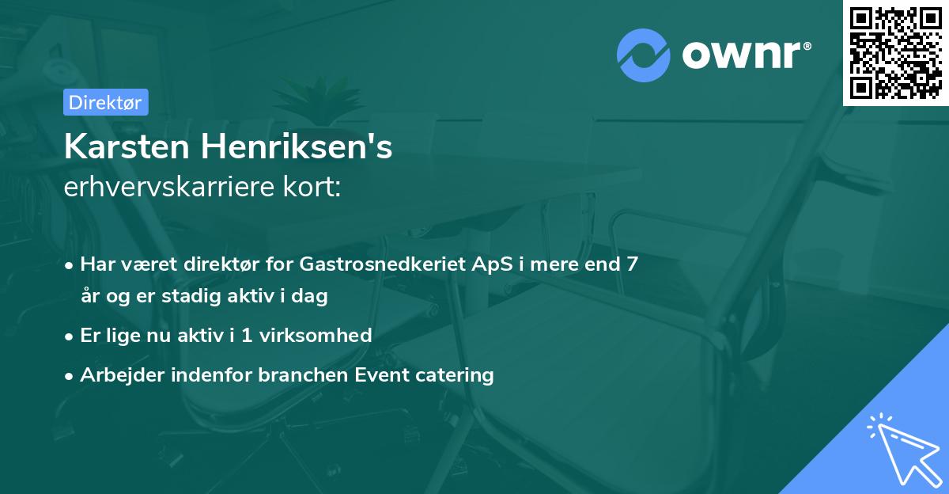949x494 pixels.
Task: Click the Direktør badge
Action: pos(105,102)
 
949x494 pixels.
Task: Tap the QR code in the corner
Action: pos(895,52)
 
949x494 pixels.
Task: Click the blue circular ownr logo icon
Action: pos(644,55)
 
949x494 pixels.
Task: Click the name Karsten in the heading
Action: pos(127,147)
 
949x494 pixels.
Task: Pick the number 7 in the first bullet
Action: pos(632,264)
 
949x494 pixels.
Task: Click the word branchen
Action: pos(286,374)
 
